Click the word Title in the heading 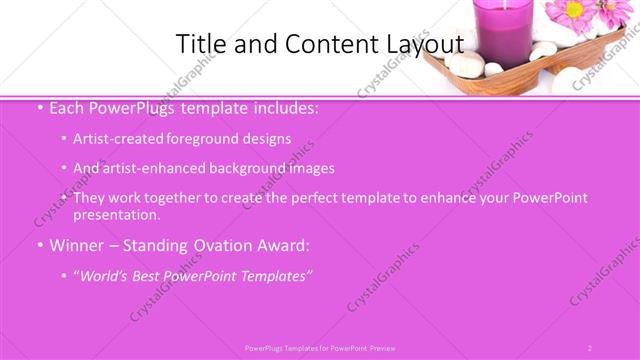199,44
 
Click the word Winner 79,244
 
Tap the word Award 283,244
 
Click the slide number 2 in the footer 589,348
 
